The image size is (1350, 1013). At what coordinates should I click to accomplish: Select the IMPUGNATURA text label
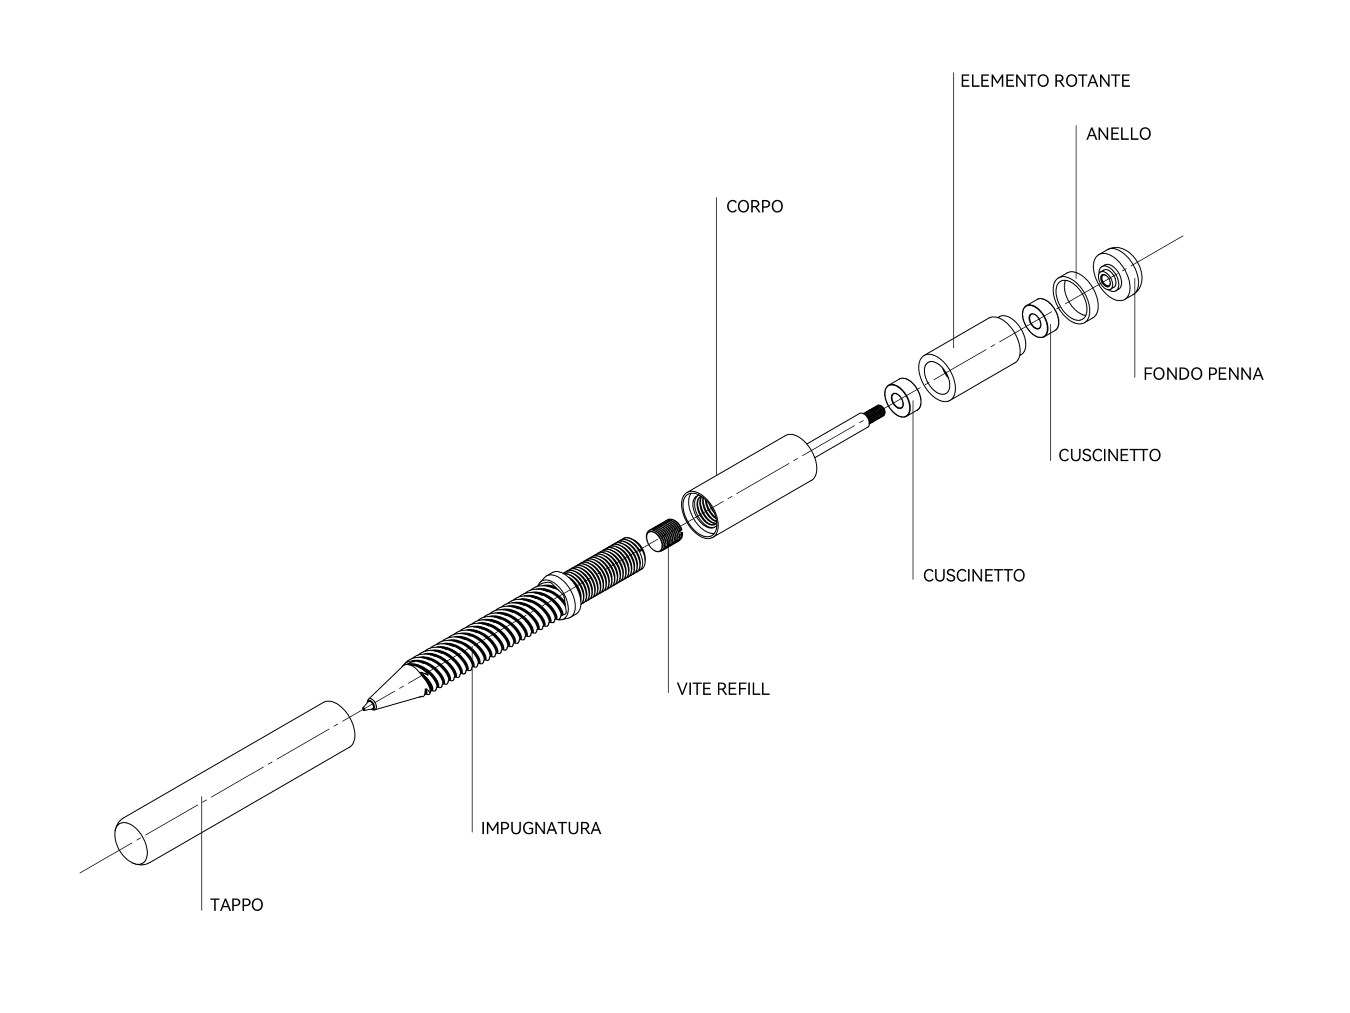coord(541,828)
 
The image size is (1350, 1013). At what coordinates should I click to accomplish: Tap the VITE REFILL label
coord(723,689)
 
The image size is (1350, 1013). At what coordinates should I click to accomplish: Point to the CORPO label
coord(754,207)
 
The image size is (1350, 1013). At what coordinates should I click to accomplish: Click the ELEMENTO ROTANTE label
coord(1045,80)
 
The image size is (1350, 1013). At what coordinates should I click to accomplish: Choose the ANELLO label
coord(1118,133)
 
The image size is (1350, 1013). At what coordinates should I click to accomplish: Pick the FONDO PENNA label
coord(1203,373)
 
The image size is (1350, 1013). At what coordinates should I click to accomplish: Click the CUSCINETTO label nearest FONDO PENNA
coord(1110,455)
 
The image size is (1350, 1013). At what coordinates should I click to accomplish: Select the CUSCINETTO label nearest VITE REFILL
coord(974,575)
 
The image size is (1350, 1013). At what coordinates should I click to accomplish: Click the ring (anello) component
coord(1076,297)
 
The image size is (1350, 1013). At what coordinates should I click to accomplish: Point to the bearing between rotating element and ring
coord(1040,318)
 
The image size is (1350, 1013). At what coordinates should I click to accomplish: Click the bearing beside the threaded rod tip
coord(903,399)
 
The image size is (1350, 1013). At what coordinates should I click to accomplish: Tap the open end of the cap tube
coord(131,843)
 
